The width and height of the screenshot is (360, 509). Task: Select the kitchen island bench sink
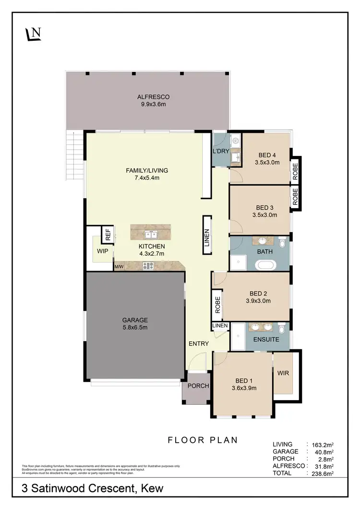(152, 234)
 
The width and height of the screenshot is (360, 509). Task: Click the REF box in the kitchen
(108, 235)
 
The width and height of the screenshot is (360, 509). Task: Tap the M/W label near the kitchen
(119, 266)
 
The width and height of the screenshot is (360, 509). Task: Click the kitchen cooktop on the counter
(148, 266)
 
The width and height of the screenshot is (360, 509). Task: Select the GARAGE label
(135, 320)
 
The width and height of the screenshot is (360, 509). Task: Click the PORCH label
(198, 386)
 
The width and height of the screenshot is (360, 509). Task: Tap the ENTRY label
(198, 343)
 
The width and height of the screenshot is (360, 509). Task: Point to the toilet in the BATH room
(282, 243)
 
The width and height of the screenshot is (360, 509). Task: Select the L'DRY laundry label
(220, 152)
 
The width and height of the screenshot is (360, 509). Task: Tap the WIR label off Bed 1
(283, 373)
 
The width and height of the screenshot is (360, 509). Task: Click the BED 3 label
(264, 208)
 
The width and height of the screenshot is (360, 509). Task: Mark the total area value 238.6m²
(323, 473)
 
